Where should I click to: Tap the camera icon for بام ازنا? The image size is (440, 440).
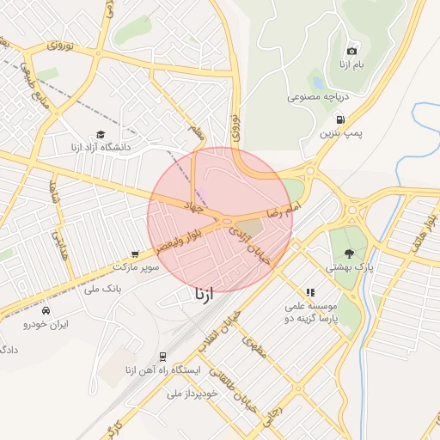coord(352,51)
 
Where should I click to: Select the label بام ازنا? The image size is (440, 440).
coord(352,65)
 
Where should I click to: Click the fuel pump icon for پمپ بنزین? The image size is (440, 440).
coord(341,119)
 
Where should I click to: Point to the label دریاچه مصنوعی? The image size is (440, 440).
coord(317,98)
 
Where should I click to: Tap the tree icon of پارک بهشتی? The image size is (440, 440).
coord(349,253)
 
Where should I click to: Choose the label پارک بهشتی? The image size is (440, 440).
coord(349,267)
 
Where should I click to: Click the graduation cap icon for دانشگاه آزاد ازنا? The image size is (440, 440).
coord(101,135)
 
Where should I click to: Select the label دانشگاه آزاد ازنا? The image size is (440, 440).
coord(101,148)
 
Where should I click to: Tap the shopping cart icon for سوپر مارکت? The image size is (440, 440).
coord(135,254)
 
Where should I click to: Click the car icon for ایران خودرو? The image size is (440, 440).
coord(46,310)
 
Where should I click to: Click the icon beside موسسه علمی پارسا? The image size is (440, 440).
coord(310,293)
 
